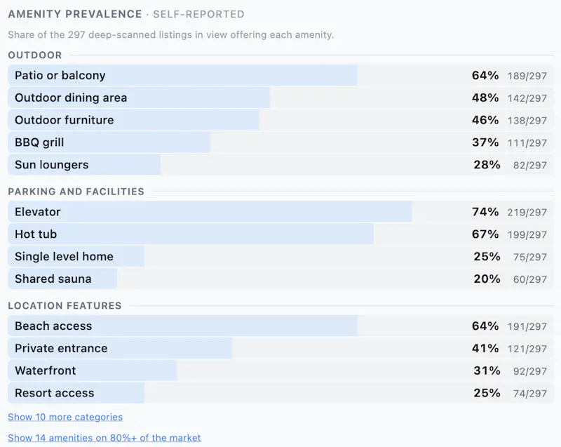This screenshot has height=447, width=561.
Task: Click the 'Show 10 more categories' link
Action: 65,417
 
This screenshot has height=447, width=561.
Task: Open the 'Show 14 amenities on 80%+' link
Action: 104,438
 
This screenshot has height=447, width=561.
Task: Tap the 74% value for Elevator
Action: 485,212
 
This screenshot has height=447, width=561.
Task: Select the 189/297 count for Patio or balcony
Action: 527,76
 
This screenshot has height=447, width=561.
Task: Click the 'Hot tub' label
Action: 36,234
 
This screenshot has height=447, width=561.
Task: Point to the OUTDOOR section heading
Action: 35,55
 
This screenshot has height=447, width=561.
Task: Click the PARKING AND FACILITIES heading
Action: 76,192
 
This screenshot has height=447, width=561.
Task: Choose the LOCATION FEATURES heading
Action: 65,306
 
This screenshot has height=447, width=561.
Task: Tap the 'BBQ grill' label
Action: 39,142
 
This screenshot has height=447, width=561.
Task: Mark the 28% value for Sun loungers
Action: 487,165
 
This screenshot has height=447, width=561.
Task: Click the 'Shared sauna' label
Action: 53,279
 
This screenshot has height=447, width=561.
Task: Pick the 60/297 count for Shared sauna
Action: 530,279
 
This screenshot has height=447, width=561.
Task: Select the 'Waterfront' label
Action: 46,371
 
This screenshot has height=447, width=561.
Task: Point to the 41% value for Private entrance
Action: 485,348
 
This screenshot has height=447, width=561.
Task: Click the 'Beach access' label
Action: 53,326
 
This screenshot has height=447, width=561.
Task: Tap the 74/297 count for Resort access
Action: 530,393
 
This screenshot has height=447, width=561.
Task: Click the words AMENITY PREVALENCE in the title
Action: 75,14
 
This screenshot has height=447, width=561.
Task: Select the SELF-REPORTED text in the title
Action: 199,14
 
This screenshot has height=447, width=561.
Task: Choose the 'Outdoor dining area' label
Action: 71,98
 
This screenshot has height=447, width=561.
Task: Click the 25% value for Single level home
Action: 487,256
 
